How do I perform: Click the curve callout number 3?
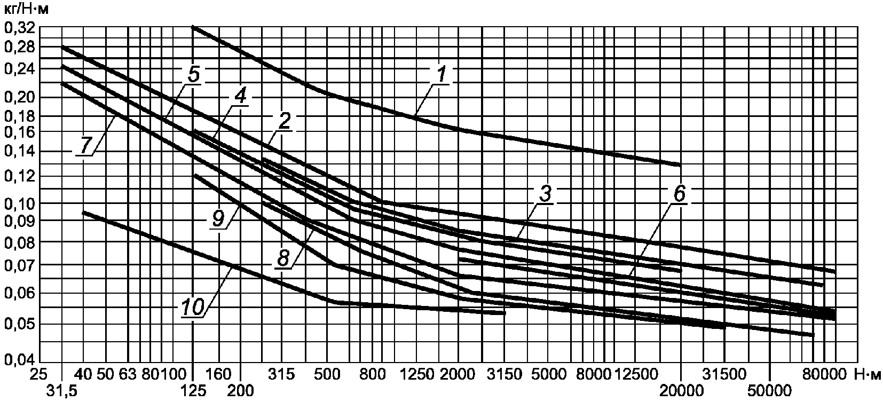[544, 195]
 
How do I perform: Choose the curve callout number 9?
[218, 219]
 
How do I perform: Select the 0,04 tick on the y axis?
[19, 360]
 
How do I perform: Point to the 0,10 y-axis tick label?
[19, 203]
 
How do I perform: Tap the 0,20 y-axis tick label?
[19, 97]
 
